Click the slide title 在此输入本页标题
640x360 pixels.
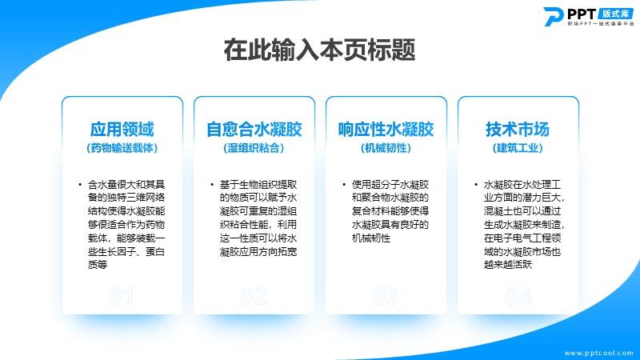click(x=319, y=50)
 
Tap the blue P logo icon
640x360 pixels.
click(x=554, y=16)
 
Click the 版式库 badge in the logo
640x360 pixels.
click(x=615, y=14)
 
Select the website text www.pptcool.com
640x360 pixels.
click(x=598, y=353)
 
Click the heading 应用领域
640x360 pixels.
click(x=122, y=129)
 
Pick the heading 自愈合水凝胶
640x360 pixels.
click(x=254, y=129)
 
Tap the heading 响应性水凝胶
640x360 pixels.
click(x=386, y=129)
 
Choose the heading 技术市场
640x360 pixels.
click(x=518, y=129)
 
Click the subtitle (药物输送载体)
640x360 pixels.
click(x=122, y=148)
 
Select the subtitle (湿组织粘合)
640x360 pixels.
click(x=254, y=148)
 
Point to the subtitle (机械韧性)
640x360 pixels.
click(x=386, y=148)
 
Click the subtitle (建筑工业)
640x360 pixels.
click(x=518, y=148)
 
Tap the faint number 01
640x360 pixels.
click(x=122, y=296)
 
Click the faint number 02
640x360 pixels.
click(x=254, y=296)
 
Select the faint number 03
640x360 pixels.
click(x=386, y=296)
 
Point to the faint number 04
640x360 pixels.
click(x=518, y=296)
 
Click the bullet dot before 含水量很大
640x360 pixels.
click(x=80, y=185)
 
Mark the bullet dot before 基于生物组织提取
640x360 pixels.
click(x=212, y=185)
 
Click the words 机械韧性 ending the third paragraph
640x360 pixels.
click(x=371, y=238)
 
